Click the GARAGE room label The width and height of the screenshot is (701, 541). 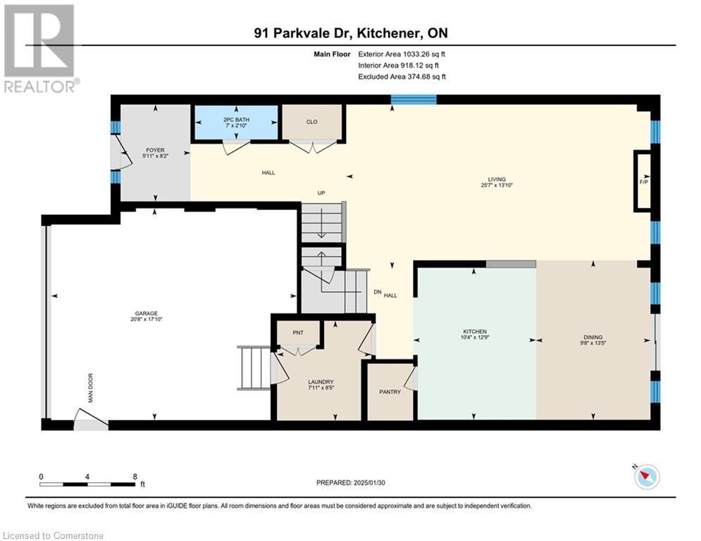point(147,313)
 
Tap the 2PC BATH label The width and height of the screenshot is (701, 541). point(236,120)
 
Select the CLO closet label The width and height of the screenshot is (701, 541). point(311,122)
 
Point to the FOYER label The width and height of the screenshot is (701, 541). point(155,150)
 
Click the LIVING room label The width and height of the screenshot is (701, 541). point(497,179)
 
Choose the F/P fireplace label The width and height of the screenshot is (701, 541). point(644,182)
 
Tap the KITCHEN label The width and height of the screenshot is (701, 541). point(474,331)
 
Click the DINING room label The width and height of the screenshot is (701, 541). point(593,337)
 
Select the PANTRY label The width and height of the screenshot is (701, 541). point(390,392)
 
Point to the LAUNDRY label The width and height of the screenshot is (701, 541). point(321,382)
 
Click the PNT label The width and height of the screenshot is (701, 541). point(298,332)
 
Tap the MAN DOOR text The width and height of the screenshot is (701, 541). point(90,387)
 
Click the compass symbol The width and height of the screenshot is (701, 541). point(646,477)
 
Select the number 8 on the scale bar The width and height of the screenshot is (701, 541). point(135,477)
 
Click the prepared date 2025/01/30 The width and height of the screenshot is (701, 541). point(369,483)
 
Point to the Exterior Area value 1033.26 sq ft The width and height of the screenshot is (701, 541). point(424,54)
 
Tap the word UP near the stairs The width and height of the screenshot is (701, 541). point(321,193)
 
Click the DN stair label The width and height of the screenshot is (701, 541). point(378,292)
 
